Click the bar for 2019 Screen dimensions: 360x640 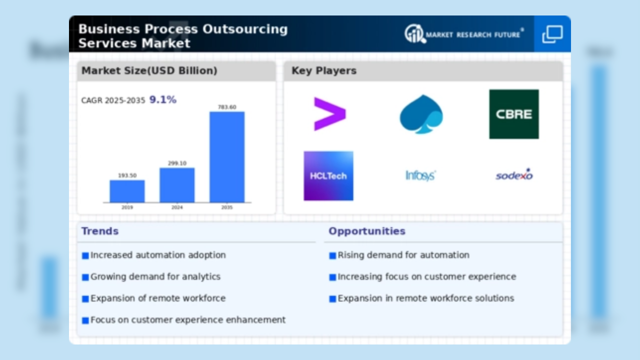127,191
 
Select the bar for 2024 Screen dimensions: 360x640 177,185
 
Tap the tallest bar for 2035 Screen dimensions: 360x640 227,157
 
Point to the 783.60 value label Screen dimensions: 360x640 227,107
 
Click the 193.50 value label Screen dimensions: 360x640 127,175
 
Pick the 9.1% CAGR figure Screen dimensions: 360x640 163,100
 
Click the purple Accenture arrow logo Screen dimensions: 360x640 329,114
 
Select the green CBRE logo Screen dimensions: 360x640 513,114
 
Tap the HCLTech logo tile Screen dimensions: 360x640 328,176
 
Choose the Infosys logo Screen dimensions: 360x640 420,175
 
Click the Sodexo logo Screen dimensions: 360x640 514,175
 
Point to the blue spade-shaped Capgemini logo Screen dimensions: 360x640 421,114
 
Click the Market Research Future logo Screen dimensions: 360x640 464,34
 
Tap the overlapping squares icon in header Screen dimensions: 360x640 552,34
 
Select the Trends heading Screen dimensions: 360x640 100,231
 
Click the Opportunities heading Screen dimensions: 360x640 366,231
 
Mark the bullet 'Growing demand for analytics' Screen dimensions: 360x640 155,276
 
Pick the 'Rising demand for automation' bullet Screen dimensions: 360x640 403,255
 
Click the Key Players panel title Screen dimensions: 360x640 324,71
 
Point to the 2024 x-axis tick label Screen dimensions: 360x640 177,206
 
